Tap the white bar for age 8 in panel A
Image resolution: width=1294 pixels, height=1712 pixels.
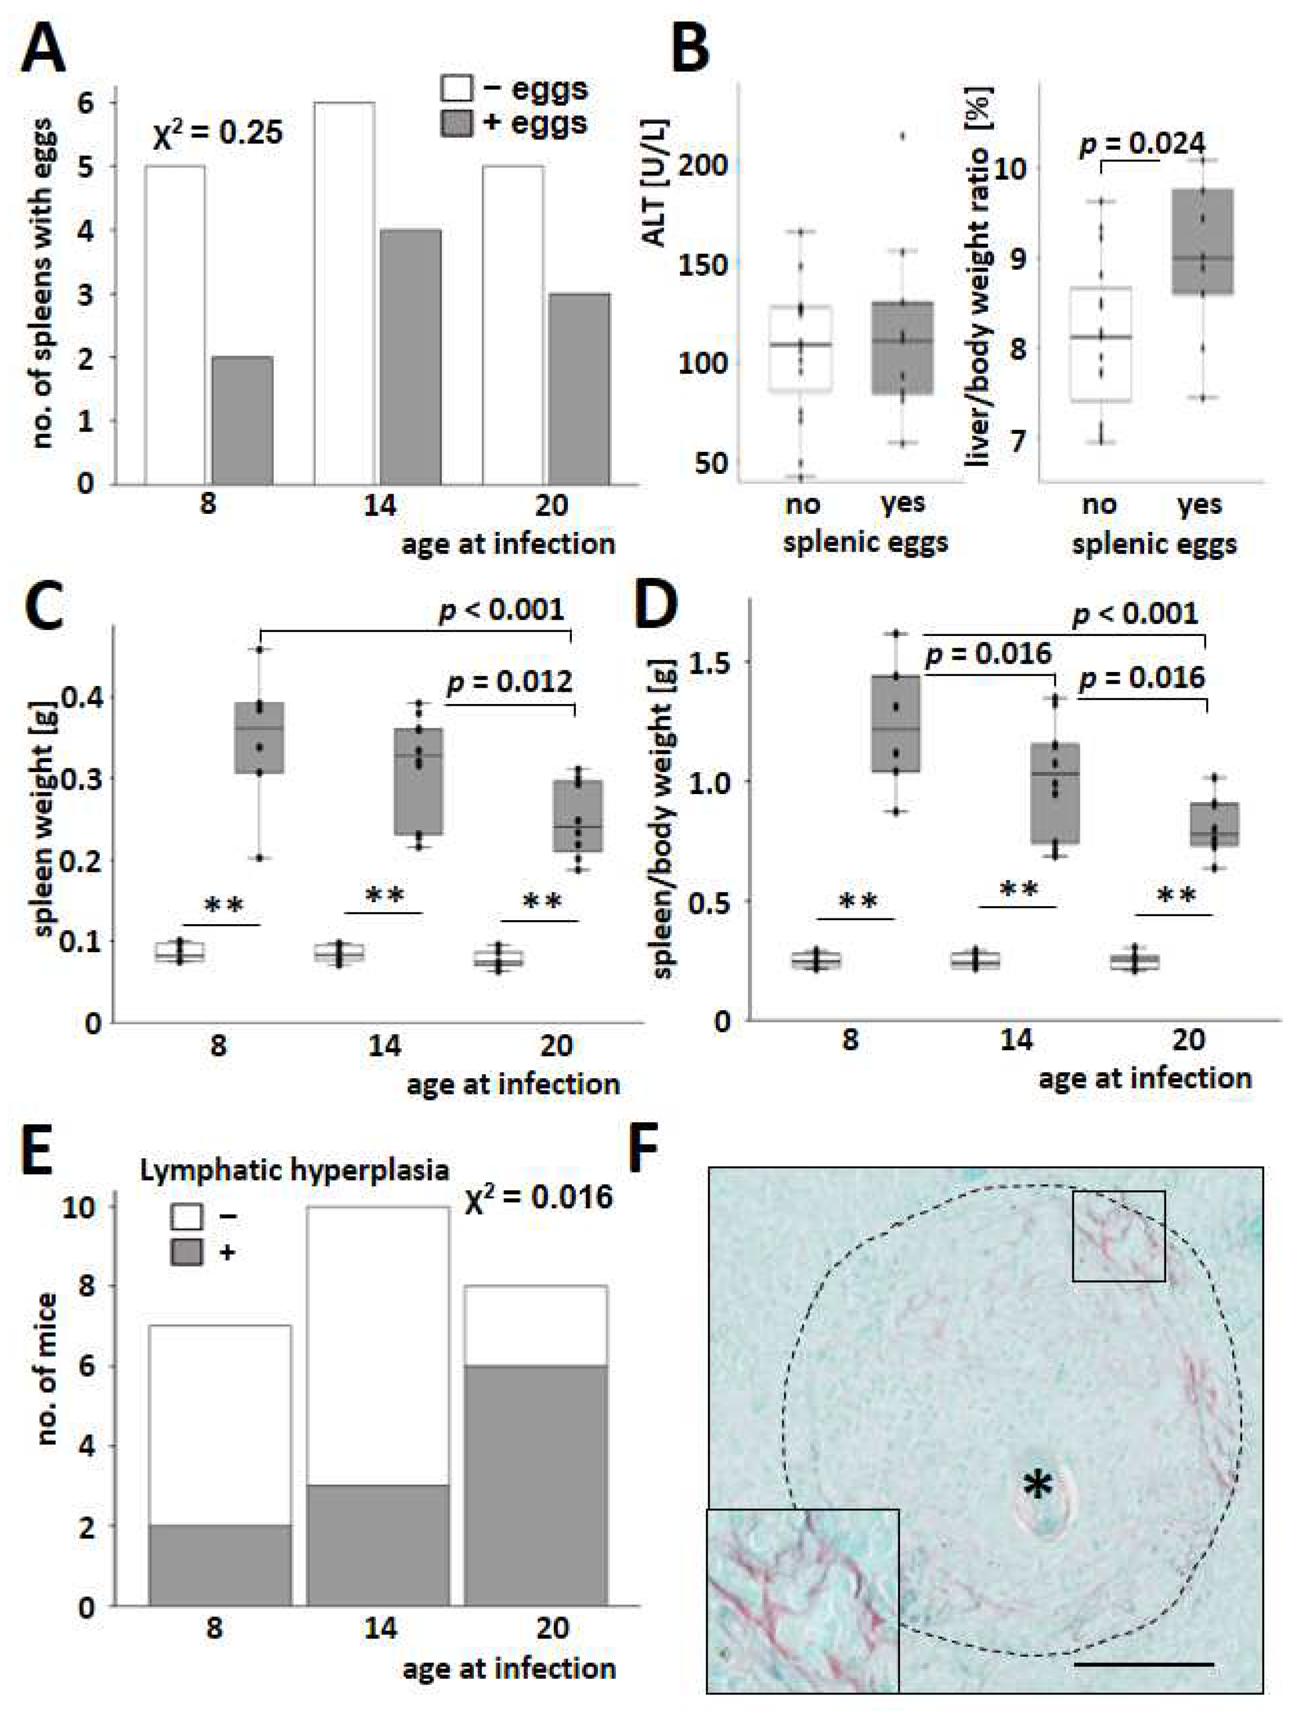[175, 325]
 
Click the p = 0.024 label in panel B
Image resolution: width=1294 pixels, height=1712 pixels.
[1143, 143]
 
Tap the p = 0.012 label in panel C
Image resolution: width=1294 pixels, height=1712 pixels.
[510, 683]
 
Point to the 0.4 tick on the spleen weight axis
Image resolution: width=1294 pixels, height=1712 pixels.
[87, 697]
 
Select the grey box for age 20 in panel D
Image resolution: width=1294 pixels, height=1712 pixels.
[1214, 824]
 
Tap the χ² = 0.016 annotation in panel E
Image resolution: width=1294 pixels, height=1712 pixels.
[539, 1197]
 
